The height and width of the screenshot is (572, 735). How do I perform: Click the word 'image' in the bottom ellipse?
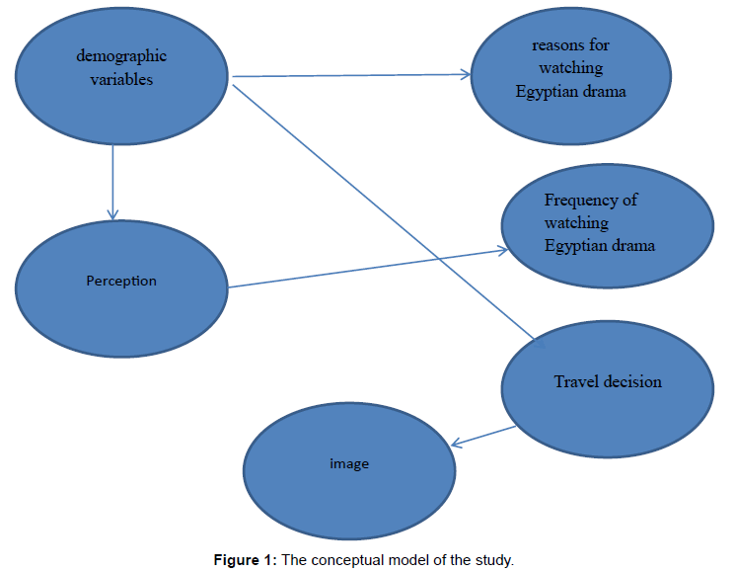(349, 462)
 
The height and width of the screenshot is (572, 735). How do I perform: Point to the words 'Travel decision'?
(608, 381)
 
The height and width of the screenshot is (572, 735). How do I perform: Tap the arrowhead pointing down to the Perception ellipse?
(113, 213)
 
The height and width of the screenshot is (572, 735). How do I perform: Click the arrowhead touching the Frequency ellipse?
(501, 251)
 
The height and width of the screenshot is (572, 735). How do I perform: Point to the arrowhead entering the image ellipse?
(456, 444)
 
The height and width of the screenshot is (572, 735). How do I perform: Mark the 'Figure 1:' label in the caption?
(246, 560)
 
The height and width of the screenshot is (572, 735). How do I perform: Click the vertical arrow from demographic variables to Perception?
(113, 178)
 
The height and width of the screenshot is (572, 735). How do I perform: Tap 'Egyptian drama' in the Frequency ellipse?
(599, 245)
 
